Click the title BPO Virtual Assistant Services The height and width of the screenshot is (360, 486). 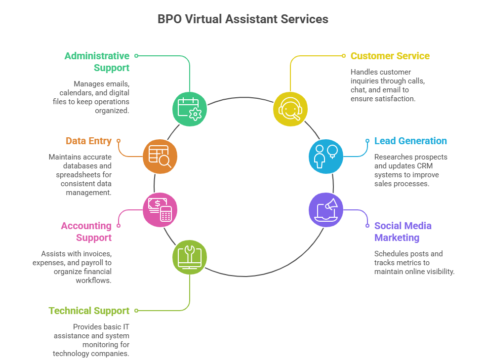pyautogui.click(x=243, y=19)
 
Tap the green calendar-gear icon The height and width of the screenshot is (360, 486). pyautogui.click(x=189, y=109)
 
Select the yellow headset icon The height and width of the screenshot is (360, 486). pyautogui.click(x=290, y=109)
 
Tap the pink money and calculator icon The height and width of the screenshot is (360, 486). pyautogui.click(x=160, y=209)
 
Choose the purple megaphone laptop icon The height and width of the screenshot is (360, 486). pyautogui.click(x=325, y=209)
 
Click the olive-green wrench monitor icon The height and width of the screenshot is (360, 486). pyautogui.click(x=189, y=257)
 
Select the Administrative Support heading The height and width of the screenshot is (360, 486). pyautogui.click(x=97, y=62)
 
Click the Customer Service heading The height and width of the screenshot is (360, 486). pyautogui.click(x=390, y=56)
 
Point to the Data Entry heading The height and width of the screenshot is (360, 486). pyautogui.click(x=88, y=141)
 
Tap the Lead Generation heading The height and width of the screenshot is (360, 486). pyautogui.click(x=410, y=141)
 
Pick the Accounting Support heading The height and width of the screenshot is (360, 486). pyautogui.click(x=86, y=232)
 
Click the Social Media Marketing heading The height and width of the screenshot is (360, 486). pyautogui.click(x=403, y=232)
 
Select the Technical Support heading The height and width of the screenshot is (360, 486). pyautogui.click(x=89, y=311)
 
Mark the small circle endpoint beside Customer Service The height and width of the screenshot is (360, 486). pyautogui.click(x=344, y=56)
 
